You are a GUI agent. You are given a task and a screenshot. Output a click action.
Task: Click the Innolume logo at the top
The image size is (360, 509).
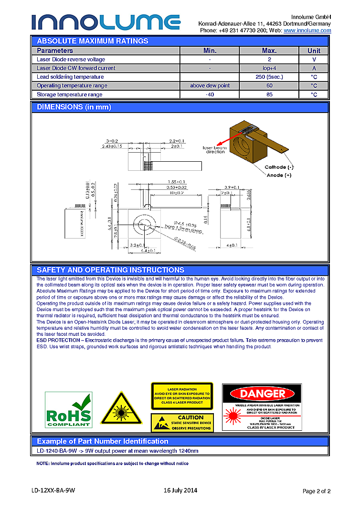click(x=106, y=22)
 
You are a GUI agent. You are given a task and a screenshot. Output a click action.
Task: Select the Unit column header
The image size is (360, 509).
click(x=314, y=51)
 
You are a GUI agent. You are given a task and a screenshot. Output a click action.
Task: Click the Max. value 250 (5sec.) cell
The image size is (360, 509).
click(x=269, y=77)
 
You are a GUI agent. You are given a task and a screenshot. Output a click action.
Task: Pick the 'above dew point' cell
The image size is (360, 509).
click(x=210, y=85)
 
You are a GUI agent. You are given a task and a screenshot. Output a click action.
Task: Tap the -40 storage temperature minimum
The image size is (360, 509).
click(x=210, y=94)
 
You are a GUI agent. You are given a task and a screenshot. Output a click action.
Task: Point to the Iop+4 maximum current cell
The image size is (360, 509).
click(x=269, y=68)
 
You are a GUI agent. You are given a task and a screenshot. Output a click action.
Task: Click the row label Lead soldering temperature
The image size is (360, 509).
click(x=70, y=77)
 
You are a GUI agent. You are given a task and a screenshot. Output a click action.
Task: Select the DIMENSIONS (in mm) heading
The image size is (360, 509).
click(x=74, y=107)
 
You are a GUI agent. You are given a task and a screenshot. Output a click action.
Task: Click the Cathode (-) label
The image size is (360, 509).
click(x=279, y=167)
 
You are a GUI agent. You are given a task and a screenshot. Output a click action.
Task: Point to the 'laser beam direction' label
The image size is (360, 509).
click(x=215, y=150)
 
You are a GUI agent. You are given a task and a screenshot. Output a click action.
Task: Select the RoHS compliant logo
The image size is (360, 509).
click(x=68, y=409)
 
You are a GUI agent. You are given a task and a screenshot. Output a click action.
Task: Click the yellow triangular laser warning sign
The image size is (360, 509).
click(x=121, y=409)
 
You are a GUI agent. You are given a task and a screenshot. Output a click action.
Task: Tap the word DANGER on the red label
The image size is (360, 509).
click(x=262, y=394)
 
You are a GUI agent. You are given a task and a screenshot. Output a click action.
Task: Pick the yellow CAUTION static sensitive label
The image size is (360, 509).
click(x=182, y=423)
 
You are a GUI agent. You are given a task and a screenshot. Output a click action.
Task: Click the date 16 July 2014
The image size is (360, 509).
click(x=180, y=490)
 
